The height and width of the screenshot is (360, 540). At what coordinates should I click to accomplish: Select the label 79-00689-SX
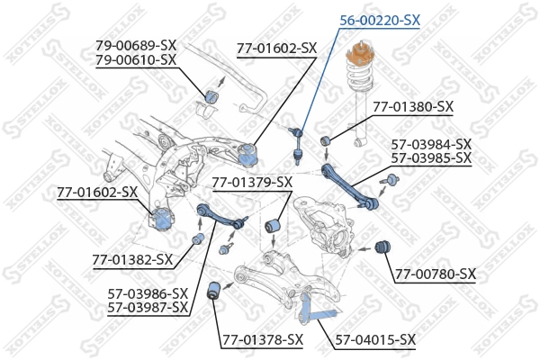[136, 44]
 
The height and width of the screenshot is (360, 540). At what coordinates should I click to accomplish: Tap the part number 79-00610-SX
[136, 59]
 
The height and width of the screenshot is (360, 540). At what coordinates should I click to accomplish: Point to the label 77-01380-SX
[413, 106]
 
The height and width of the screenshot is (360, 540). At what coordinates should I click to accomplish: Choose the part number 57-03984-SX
[431, 143]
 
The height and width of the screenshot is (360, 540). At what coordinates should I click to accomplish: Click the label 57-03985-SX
[431, 157]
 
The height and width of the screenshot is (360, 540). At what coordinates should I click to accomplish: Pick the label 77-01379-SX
[252, 183]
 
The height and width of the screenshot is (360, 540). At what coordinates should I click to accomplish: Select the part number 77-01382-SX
[131, 260]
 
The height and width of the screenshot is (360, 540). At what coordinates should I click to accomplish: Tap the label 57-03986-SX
[148, 293]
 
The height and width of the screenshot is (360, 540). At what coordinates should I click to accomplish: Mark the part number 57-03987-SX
[148, 308]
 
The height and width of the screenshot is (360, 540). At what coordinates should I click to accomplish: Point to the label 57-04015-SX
[375, 339]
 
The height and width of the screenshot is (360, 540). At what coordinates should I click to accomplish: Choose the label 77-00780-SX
[436, 274]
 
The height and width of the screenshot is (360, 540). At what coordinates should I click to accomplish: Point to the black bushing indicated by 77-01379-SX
[277, 222]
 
